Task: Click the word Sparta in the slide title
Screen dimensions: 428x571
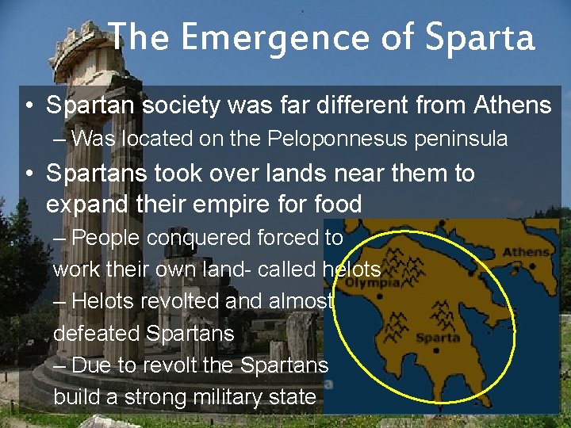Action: point(480,37)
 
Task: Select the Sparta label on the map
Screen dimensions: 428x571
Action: point(438,337)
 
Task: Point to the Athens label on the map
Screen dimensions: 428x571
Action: point(528,252)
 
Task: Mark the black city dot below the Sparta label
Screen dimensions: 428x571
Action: point(438,350)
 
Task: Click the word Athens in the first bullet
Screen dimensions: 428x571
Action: point(512,105)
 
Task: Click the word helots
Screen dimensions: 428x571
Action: point(351,269)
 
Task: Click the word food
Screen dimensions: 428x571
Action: point(336,204)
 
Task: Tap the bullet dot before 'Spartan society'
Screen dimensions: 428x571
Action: point(29,105)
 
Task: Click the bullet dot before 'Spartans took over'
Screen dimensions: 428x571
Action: point(29,173)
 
